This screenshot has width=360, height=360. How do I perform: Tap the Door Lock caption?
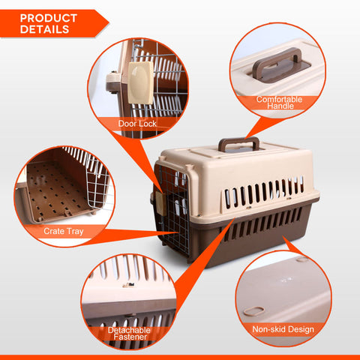(136, 123)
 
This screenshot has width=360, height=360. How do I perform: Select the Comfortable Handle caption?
(278, 103)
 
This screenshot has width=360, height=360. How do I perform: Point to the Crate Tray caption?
(64, 232)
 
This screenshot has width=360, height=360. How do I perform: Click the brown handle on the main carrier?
(238, 142)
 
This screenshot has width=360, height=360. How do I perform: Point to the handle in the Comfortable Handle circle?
(277, 64)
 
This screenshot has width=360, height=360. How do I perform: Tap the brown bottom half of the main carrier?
(247, 232)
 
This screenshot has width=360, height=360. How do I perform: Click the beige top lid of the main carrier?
(240, 169)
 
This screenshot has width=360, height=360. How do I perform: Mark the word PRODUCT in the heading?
(49, 17)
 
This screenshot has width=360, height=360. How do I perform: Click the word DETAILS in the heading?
(45, 30)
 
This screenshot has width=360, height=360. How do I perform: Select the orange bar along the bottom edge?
(180, 356)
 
